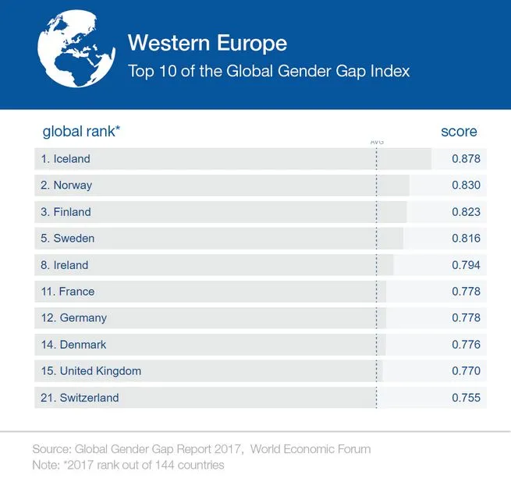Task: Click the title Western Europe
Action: coord(207,42)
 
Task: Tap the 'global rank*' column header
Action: coord(81,132)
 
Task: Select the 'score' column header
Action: coord(459,132)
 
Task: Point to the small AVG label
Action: coord(377,142)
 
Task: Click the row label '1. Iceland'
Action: coord(66,159)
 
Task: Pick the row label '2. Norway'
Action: coord(66,186)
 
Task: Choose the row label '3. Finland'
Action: coord(66,212)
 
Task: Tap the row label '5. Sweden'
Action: coord(67,239)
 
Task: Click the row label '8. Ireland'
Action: coord(65,265)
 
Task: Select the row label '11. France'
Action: coord(67,292)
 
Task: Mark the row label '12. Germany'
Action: coord(73,318)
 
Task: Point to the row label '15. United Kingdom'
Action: coord(90,371)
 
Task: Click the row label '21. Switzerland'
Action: coord(80,398)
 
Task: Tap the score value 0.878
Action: coord(466,159)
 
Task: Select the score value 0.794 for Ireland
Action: coord(466,265)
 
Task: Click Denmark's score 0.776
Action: coord(466,345)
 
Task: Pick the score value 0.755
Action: coord(466,398)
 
